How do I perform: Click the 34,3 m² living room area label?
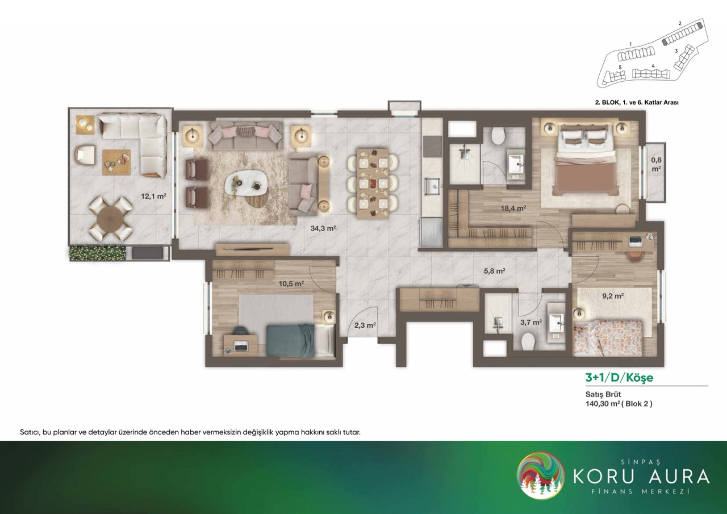[x=323, y=228]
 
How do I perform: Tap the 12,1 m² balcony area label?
[x=153, y=196]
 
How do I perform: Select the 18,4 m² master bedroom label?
[x=513, y=208]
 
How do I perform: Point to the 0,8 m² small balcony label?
[x=656, y=164]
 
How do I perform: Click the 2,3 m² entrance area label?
[x=365, y=325]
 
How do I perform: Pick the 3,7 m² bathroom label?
[x=531, y=322]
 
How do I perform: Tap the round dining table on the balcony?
[x=111, y=219]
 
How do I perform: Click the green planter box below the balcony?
[x=97, y=254]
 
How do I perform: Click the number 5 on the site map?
[x=620, y=67]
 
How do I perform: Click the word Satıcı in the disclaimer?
[x=30, y=433]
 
